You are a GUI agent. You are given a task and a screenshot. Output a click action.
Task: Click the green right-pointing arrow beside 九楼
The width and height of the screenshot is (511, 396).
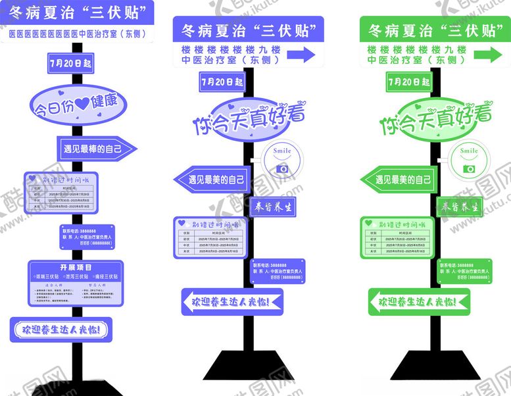tap(488, 55)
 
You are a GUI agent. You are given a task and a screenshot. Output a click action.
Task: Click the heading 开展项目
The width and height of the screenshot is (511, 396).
tap(76, 268)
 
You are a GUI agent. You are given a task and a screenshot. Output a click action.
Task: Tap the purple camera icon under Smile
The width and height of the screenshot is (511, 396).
tap(283, 168)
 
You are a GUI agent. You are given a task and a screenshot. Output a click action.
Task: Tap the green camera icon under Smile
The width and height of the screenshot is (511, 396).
tap(469, 169)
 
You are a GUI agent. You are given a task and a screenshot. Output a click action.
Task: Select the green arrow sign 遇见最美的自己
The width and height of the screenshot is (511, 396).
tap(400, 179)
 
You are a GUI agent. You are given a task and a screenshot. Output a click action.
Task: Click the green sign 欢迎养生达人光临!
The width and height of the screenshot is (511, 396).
tap(417, 302)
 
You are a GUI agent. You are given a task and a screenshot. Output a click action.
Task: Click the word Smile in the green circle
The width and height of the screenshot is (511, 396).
tap(469, 151)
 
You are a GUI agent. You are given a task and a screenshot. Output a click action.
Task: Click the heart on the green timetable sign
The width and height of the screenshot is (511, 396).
tap(370, 222)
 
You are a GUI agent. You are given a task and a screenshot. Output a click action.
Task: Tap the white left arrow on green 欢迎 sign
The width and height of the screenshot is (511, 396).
tap(381, 302)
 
